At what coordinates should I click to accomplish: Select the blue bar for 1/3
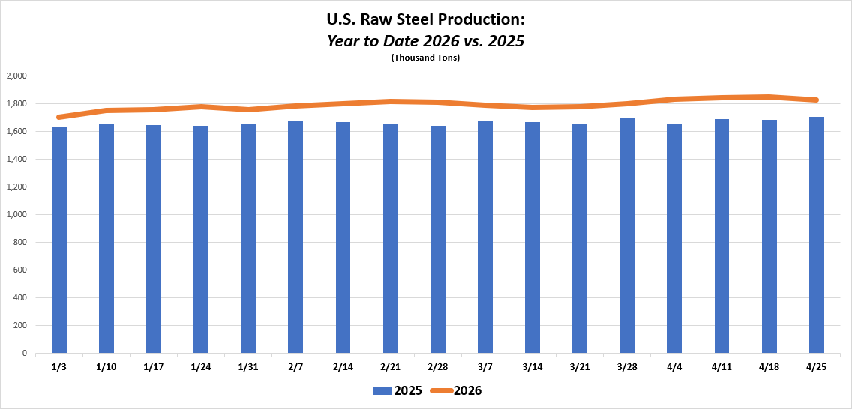tap(58, 240)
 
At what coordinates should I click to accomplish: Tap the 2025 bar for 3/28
tap(627, 236)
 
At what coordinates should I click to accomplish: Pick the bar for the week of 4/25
tap(816, 235)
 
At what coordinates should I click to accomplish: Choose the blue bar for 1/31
tap(248, 238)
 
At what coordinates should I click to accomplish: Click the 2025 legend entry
tap(397, 390)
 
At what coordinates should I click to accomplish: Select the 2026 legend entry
tap(454, 390)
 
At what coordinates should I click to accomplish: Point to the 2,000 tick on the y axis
tap(16, 76)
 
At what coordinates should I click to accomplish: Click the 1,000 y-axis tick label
tap(16, 215)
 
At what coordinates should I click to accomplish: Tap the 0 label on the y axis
tap(25, 353)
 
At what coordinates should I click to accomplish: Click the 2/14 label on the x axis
tap(343, 367)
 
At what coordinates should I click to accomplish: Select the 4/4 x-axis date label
tap(674, 367)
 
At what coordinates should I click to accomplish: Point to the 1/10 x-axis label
tap(106, 367)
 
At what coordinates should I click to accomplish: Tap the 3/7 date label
tap(485, 367)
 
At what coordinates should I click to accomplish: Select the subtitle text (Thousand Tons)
tap(425, 58)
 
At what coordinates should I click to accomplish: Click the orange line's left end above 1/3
tap(58, 117)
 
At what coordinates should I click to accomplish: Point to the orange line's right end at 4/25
tap(816, 100)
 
